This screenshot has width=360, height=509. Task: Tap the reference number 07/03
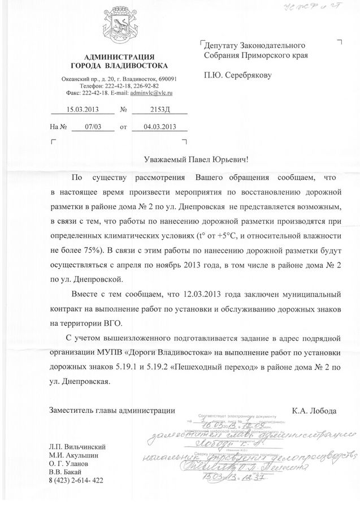click(x=92, y=128)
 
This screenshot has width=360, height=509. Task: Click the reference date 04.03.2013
click(x=159, y=128)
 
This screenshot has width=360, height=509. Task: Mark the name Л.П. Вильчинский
click(x=77, y=447)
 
